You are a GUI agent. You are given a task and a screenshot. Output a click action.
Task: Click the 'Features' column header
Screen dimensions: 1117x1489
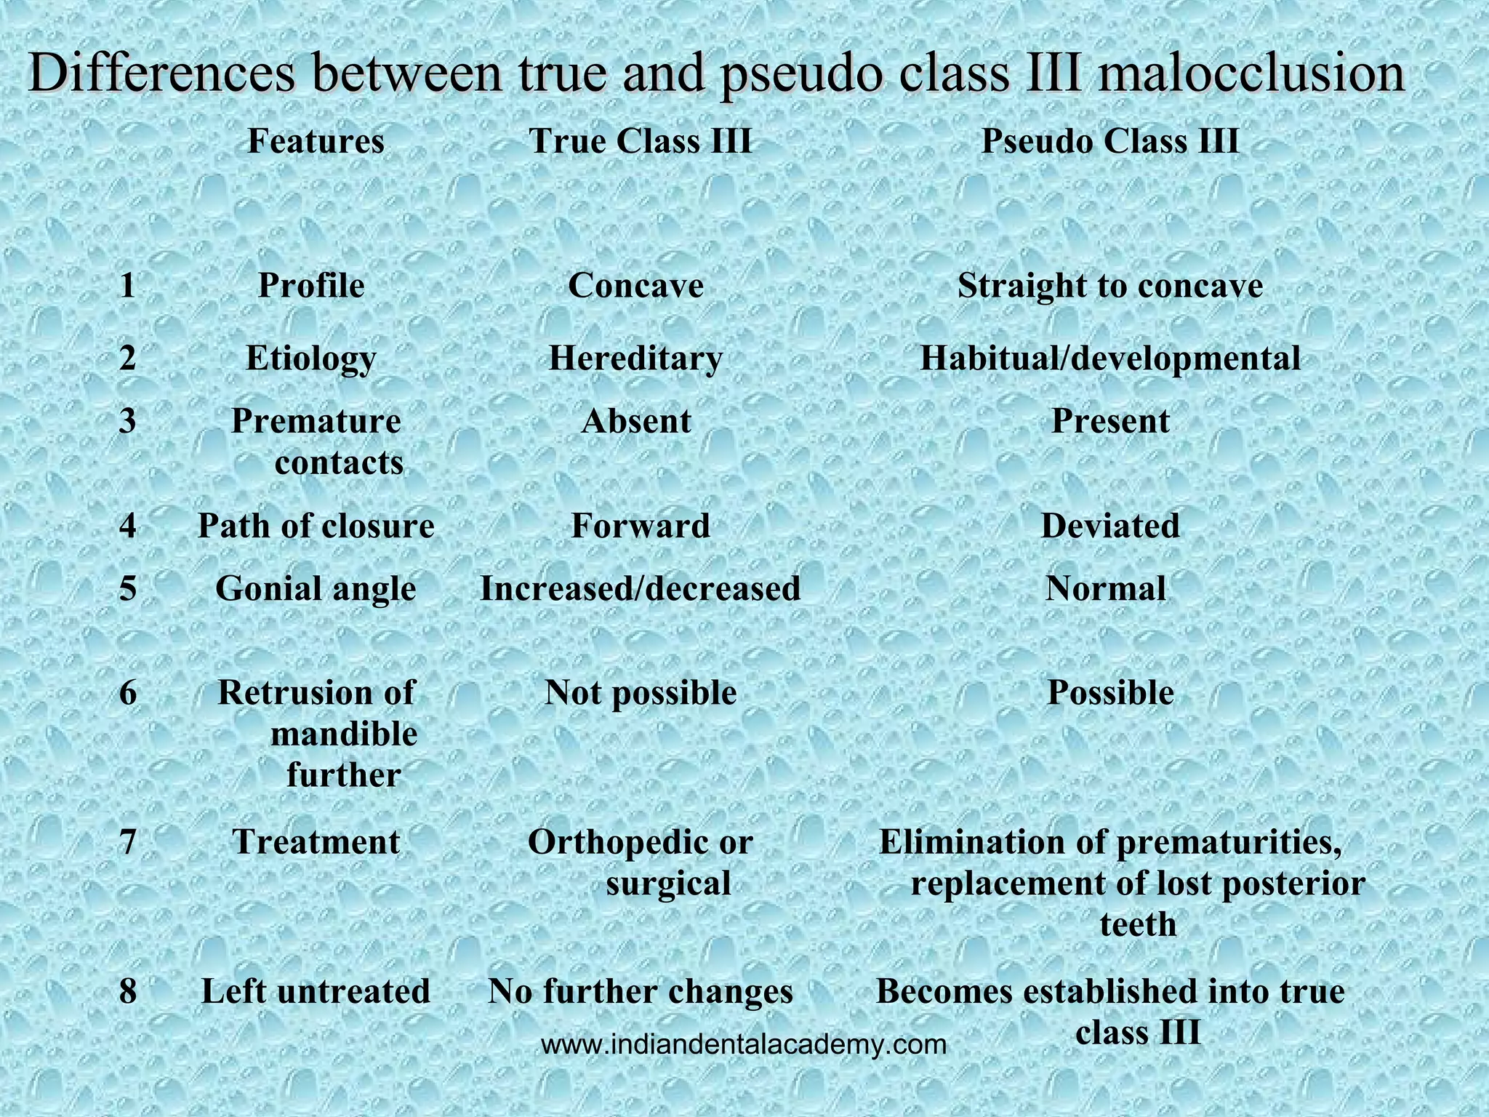click(x=316, y=141)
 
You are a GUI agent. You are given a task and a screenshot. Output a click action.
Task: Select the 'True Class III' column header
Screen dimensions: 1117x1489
click(x=641, y=141)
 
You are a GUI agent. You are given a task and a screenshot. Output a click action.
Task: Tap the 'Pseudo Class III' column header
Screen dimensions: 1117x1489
click(x=1110, y=141)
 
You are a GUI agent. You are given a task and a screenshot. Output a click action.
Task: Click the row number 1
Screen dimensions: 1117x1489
click(x=128, y=286)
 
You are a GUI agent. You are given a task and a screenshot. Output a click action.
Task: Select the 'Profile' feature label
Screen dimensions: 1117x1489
click(x=311, y=286)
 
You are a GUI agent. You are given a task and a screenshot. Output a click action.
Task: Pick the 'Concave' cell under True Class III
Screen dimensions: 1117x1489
click(x=635, y=286)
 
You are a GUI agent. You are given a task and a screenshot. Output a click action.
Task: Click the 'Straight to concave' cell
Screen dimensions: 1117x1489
click(x=1110, y=286)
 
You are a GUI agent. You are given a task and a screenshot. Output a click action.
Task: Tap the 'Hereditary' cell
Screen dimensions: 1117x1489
click(x=635, y=359)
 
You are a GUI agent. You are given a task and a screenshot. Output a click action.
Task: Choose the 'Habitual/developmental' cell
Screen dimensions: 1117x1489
click(x=1110, y=359)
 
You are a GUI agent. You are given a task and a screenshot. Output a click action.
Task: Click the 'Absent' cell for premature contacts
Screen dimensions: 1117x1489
click(x=635, y=422)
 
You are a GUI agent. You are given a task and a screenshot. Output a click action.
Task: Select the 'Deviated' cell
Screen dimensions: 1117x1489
click(x=1110, y=526)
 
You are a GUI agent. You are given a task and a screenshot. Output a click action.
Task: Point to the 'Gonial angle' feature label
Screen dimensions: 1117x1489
click(x=316, y=588)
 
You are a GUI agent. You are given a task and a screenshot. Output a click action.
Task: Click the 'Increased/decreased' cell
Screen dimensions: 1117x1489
click(x=641, y=588)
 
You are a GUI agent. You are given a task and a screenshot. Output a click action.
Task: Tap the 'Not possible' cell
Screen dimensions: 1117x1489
click(x=641, y=693)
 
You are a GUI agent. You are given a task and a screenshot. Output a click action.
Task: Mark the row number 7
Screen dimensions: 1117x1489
click(x=128, y=843)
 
